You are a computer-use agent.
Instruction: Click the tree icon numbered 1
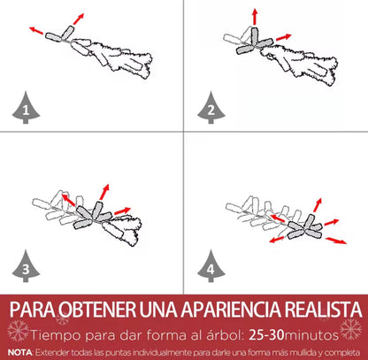pos(26,108)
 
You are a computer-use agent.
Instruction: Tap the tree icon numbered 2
pos(211,108)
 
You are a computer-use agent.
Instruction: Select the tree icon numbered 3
pos(26,266)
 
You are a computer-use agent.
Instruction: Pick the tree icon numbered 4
pos(211,266)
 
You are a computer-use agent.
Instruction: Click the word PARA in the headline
pos(33,309)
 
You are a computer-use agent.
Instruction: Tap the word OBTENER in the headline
pos(96,309)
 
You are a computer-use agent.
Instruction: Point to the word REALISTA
pos(323,309)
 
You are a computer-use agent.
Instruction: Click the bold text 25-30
pos(267,335)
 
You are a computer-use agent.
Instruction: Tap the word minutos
pos(311,335)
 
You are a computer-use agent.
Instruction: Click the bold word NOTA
pos(20,352)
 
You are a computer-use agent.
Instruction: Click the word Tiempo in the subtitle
pos(56,335)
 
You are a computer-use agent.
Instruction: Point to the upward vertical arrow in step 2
pos(255,17)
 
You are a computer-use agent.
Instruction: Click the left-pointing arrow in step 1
pos(36,30)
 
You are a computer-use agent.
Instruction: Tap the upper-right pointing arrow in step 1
pos(79,19)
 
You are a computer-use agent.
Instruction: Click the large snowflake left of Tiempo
pos(18,331)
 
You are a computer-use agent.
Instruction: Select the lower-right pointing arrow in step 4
pos(336,241)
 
